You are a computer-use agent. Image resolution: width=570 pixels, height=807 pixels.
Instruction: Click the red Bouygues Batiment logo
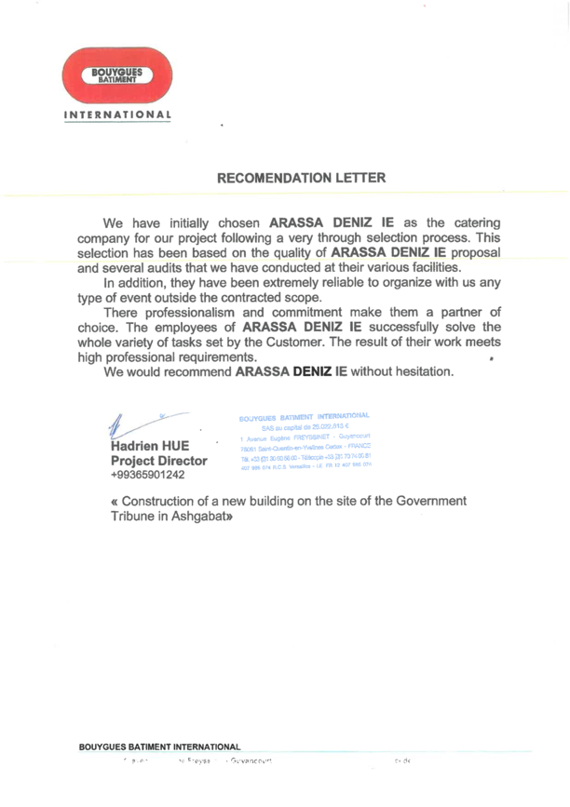pos(116,74)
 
